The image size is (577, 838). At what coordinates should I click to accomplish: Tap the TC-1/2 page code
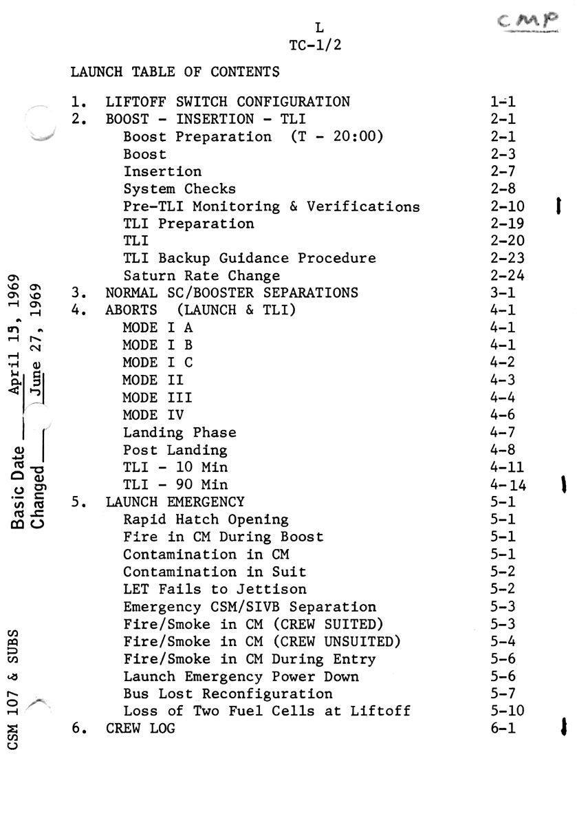tap(317, 46)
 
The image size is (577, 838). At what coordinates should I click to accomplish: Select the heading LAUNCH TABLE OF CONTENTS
tap(175, 72)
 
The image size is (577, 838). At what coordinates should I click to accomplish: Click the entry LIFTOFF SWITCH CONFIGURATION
tap(228, 102)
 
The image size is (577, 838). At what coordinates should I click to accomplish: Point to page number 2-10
tap(507, 206)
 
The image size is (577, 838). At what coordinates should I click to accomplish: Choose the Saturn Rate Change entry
tap(202, 276)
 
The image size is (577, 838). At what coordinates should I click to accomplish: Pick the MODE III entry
tap(157, 398)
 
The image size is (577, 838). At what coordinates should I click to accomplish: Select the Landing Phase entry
tap(179, 433)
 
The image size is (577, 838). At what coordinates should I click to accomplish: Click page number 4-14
tap(508, 485)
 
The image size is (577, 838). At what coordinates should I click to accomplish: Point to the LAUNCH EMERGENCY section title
tap(175, 502)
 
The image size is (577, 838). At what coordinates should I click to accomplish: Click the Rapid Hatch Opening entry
tap(206, 519)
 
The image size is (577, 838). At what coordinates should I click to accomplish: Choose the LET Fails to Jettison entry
tap(215, 589)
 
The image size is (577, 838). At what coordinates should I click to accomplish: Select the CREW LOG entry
tap(140, 728)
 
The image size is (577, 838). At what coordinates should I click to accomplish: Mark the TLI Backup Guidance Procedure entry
tap(250, 259)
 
